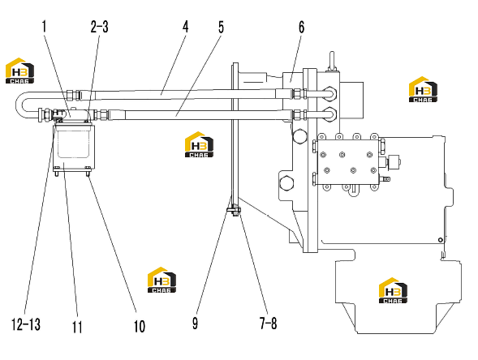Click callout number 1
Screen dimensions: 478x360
44,26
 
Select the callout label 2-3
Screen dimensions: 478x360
99,27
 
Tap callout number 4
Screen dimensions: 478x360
185,27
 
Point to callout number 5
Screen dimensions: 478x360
221,27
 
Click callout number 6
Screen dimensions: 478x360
301,27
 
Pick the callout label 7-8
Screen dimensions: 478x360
269,323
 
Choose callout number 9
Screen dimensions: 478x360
195,324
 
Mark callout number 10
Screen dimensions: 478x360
140,326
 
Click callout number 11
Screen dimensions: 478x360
77,328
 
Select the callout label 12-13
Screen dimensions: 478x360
26,324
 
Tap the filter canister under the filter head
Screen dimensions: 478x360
74,148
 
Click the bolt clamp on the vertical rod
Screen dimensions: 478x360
234,211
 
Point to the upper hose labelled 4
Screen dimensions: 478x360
183,94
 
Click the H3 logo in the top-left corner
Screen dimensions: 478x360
19,71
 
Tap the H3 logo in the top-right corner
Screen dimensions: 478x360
423,89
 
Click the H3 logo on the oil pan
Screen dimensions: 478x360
393,290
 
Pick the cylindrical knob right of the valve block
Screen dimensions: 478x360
394,162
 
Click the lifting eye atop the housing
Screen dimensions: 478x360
332,61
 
